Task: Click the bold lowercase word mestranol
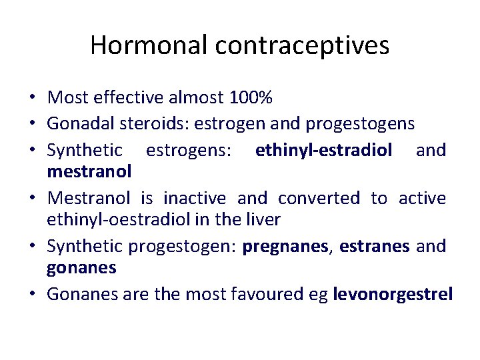tap(89, 172)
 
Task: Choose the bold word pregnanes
tap(287, 247)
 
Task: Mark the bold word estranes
tap(374, 247)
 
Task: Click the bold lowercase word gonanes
tap(81, 269)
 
